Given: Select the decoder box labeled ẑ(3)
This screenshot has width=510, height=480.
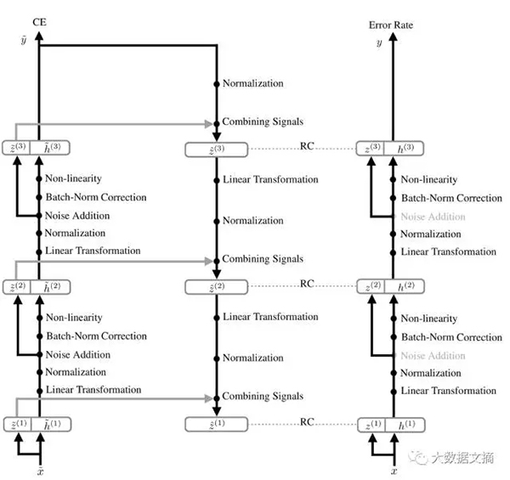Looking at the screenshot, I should click(216, 150).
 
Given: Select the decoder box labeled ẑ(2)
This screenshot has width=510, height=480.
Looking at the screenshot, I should click(216, 287).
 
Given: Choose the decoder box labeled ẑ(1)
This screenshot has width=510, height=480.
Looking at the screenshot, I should click(216, 424).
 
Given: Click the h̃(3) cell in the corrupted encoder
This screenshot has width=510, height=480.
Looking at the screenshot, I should click(52, 150).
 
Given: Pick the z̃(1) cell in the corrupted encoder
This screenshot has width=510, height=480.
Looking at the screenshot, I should click(18, 424).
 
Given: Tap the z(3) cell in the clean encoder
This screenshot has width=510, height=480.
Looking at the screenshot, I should click(371, 150).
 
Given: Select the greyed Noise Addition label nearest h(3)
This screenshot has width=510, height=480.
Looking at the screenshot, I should click(433, 217).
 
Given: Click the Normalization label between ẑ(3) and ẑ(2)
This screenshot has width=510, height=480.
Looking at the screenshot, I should click(252, 221).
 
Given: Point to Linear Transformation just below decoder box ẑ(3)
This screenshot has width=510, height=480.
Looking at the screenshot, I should click(269, 180).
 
